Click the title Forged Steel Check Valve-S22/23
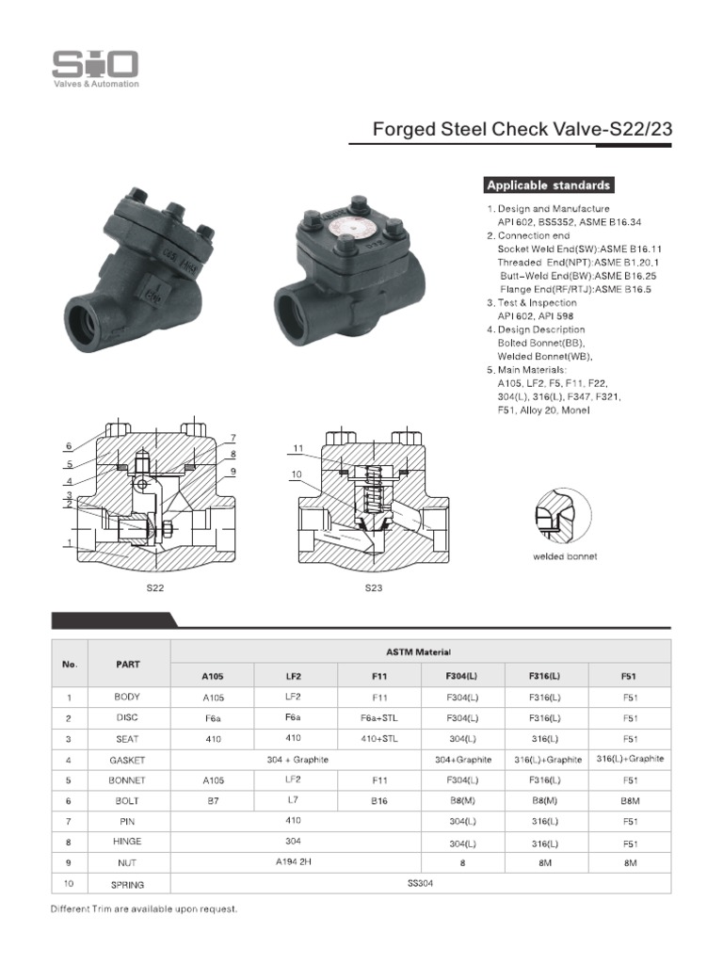coord(522,129)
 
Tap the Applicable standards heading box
coord(549,185)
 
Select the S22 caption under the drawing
coord(154,588)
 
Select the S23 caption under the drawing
coord(375,588)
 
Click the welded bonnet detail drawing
coord(561,522)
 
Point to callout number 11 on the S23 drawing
coord(298,449)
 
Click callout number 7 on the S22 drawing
coord(232,438)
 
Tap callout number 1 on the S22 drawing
coord(69,543)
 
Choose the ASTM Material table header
coord(419,651)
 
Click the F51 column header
coord(630,676)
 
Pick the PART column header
coord(128,664)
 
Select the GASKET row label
coord(128,759)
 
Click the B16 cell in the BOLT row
coord(379,801)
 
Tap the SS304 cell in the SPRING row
coord(419,883)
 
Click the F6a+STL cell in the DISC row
coord(379,718)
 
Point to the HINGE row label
coord(128,842)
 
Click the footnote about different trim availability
coord(144,909)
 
